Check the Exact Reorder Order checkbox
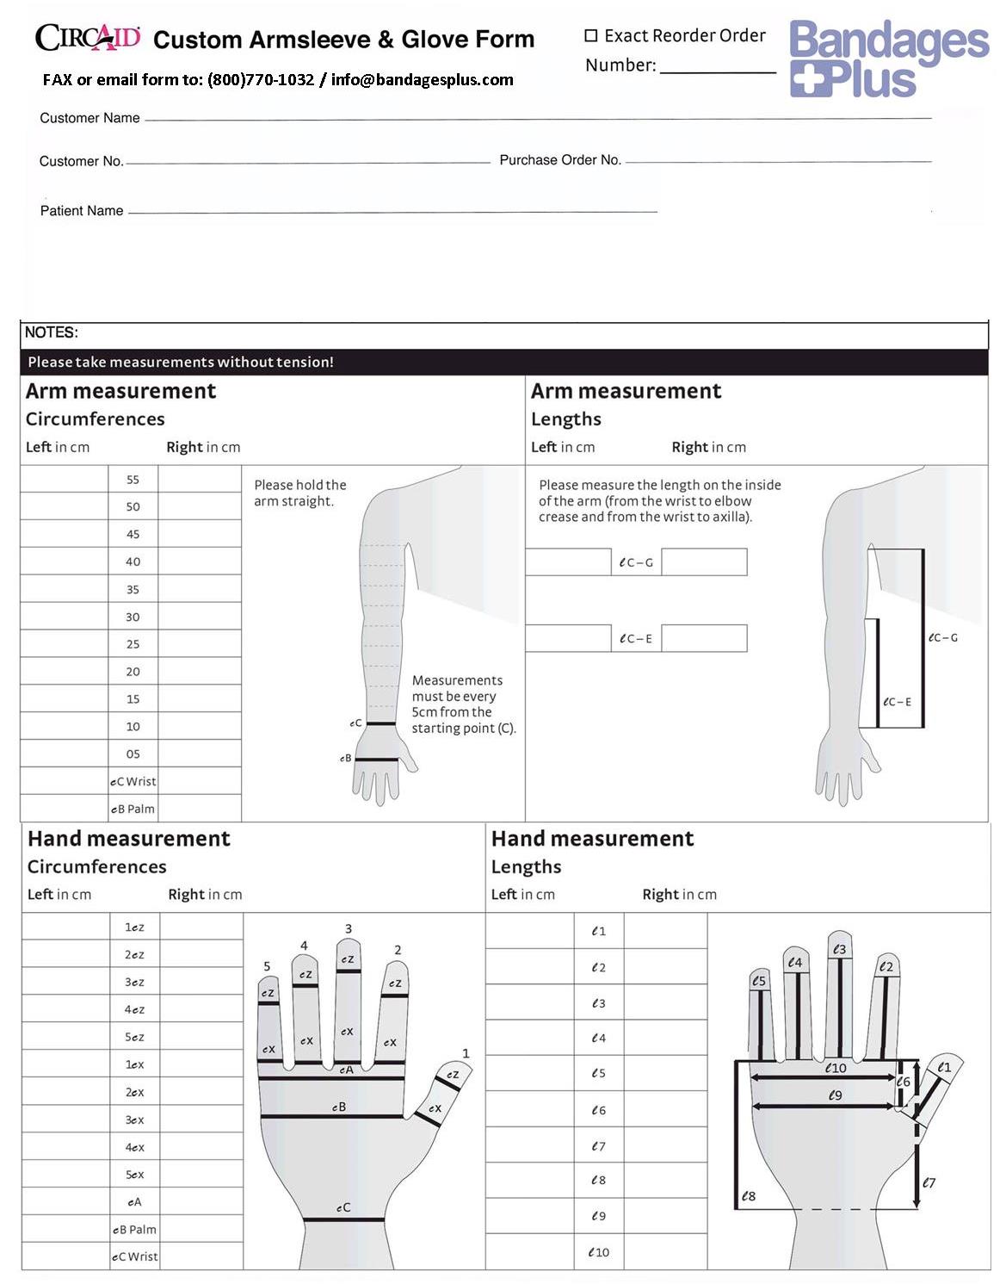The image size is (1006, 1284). (x=591, y=35)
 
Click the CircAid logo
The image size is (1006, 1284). (x=87, y=37)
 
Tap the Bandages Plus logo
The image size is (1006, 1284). (x=888, y=58)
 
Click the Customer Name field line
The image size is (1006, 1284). (x=538, y=117)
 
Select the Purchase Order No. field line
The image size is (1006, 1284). (x=778, y=160)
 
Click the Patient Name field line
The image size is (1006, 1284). (x=392, y=210)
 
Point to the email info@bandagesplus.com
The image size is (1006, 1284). (x=422, y=80)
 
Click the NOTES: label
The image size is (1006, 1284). (x=52, y=332)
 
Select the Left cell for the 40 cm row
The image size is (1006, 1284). (x=65, y=561)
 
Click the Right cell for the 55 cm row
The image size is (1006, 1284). (x=200, y=480)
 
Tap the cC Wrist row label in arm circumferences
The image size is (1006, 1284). (x=133, y=781)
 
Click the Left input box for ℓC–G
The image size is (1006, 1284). (x=568, y=562)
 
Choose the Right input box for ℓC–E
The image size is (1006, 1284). (x=704, y=638)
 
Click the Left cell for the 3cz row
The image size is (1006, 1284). (x=67, y=982)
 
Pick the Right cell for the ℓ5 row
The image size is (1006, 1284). (x=665, y=1073)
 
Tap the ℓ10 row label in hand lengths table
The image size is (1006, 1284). (x=598, y=1252)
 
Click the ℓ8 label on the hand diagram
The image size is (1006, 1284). (x=749, y=1196)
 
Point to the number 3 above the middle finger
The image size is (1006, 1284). (x=349, y=928)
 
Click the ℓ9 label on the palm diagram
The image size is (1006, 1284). (x=835, y=1095)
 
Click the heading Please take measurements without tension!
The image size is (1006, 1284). (x=181, y=362)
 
